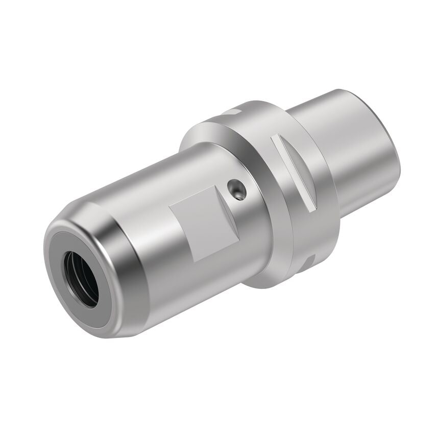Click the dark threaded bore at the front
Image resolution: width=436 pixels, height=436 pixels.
click(x=81, y=278)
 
